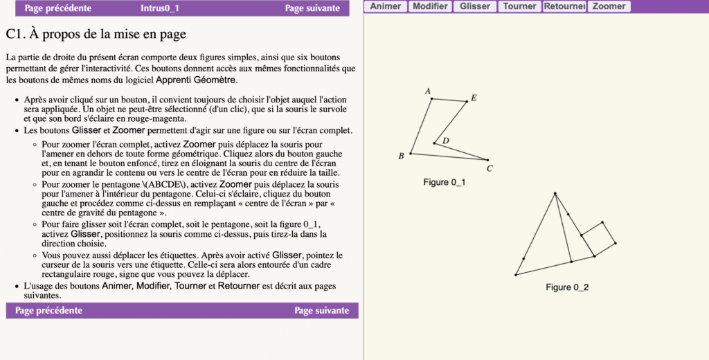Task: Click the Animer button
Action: [385, 6]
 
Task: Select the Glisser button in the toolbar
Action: [475, 6]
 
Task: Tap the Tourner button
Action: [519, 6]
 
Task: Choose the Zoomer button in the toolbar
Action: [609, 6]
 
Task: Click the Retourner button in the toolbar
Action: [564, 6]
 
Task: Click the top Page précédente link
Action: [57, 8]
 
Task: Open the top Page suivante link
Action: [312, 8]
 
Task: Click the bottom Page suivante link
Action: [321, 310]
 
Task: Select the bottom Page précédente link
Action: [48, 310]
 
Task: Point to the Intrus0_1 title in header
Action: [160, 8]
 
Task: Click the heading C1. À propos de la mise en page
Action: [96, 34]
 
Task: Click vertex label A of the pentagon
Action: [428, 91]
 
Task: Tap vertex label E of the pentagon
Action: [474, 98]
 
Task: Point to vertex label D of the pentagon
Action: [446, 141]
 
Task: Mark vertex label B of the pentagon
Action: [401, 156]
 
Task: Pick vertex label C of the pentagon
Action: [490, 168]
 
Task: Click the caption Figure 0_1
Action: [444, 182]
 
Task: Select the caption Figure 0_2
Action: [567, 287]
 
